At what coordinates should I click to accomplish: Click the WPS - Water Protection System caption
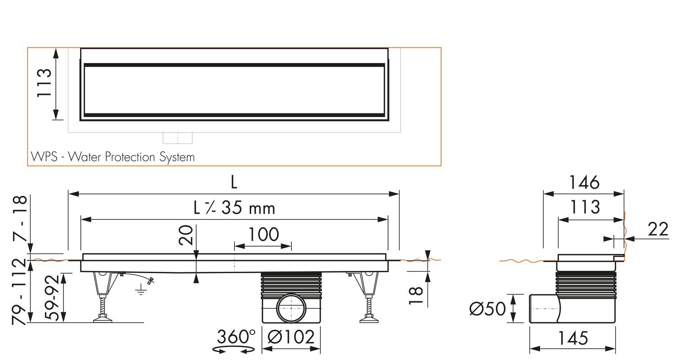point(112,157)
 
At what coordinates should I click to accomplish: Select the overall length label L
point(234,182)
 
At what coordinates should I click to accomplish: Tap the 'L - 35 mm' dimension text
point(234,208)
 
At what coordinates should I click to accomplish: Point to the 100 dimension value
point(263,234)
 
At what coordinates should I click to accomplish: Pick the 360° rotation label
point(236,337)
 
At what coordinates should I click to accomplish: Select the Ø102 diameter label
point(291,337)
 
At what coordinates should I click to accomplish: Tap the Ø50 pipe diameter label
point(487,309)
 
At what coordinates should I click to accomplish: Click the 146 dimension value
point(584,183)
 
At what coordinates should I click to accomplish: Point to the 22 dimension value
point(658,229)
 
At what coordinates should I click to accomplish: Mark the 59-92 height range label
point(53,297)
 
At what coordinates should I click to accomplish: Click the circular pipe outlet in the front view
point(291,308)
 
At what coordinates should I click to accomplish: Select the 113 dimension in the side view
point(585,207)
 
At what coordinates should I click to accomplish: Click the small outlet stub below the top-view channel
point(177,138)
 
